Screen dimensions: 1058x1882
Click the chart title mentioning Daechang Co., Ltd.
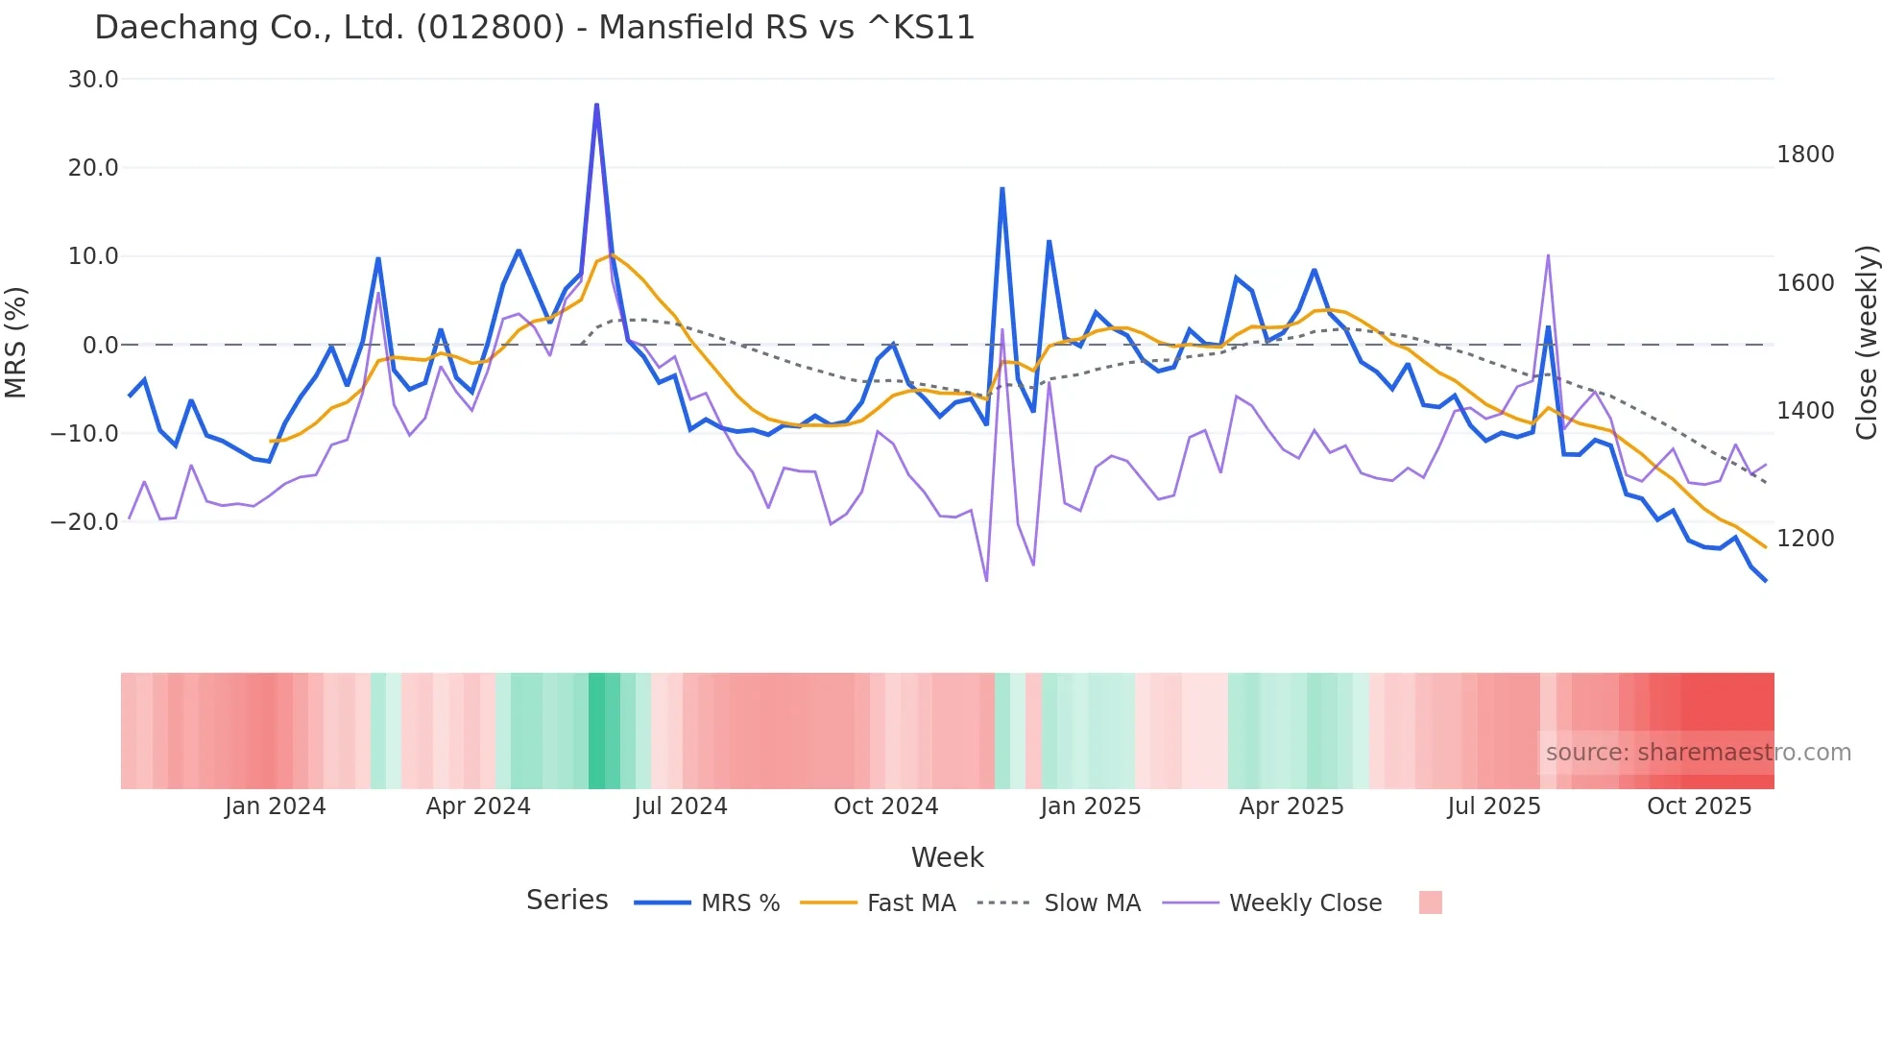tap(534, 28)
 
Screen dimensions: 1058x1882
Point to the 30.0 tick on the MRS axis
tap(93, 80)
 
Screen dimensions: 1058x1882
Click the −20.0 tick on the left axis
tap(84, 522)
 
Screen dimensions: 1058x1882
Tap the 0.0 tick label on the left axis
tap(100, 346)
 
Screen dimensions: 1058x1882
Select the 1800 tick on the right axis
tap(1805, 155)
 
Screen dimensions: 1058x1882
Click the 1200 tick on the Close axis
tap(1805, 539)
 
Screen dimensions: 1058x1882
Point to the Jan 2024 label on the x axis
tap(275, 806)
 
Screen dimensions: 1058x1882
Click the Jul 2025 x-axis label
tap(1493, 806)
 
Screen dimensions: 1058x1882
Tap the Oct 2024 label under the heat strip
tap(885, 806)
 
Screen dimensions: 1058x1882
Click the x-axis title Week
tap(947, 857)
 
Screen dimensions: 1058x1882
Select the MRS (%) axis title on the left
tap(16, 343)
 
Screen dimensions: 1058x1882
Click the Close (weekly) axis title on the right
tap(1866, 343)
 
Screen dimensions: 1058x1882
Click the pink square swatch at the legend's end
tap(1430, 902)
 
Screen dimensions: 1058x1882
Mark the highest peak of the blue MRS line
tap(596, 105)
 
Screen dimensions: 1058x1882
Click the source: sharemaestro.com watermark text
tap(1698, 753)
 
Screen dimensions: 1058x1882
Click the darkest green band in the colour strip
tap(603, 731)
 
